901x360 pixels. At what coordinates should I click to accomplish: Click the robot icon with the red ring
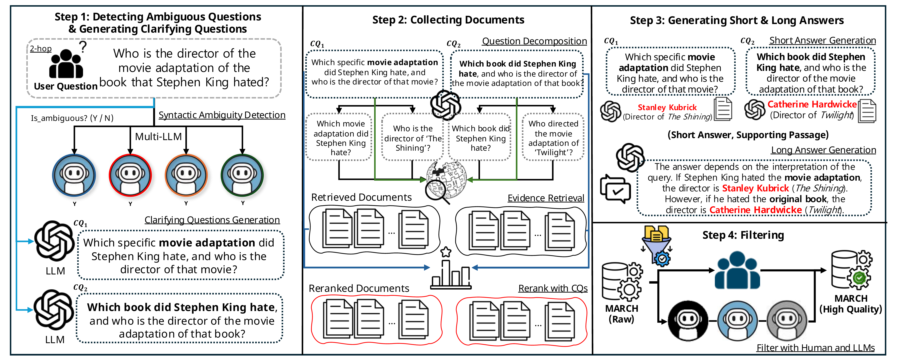[x=130, y=175]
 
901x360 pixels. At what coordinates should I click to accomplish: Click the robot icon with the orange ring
[x=186, y=175]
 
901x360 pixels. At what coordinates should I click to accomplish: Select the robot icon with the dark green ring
[x=242, y=175]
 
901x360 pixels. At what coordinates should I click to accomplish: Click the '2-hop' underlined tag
[x=41, y=49]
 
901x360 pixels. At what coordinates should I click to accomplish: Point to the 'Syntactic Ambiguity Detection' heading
[x=222, y=115]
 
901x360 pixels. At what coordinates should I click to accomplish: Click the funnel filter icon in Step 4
[x=656, y=245]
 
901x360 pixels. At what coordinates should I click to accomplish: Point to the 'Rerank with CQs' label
[x=553, y=288]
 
